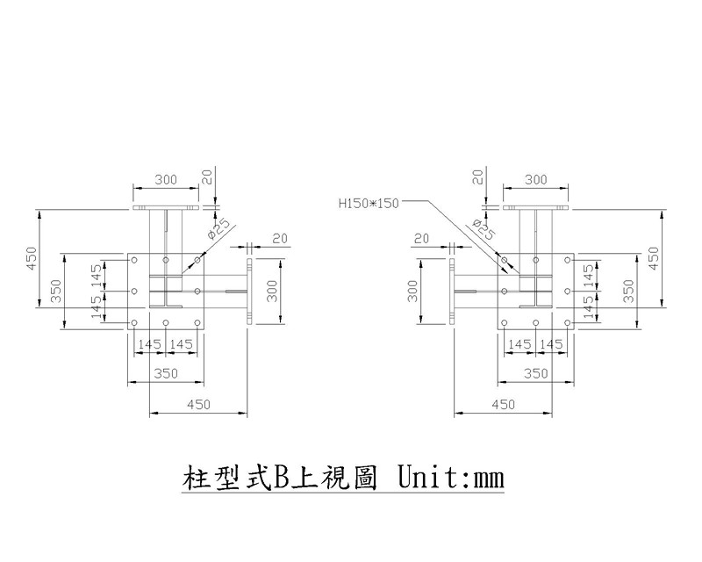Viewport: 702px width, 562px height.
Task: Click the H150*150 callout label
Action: point(368,204)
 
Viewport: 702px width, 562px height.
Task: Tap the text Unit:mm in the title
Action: point(451,478)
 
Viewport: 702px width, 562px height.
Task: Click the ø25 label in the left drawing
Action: point(218,228)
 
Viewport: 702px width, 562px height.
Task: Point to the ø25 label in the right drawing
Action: point(484,228)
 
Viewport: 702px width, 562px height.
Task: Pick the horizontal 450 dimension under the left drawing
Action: point(198,405)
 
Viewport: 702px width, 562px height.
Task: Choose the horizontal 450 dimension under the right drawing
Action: point(503,405)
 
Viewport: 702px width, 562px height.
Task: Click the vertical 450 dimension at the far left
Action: point(32,258)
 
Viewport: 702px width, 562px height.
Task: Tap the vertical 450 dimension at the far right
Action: point(654,258)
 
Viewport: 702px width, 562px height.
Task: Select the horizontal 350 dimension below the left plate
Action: point(166,373)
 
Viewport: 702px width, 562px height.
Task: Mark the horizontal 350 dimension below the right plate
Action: point(536,373)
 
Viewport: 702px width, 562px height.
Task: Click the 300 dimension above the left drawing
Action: point(166,180)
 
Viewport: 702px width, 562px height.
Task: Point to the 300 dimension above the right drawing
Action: point(536,180)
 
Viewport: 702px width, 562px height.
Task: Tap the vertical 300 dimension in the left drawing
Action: point(272,291)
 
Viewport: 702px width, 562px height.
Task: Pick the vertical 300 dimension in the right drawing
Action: point(412,291)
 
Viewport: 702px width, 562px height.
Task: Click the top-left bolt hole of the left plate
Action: point(134,260)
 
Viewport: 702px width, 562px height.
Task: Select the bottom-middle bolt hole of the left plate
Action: point(166,322)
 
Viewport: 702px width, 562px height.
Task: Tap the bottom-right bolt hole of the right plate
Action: point(567,322)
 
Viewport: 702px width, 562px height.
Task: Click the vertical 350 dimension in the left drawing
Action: point(56,291)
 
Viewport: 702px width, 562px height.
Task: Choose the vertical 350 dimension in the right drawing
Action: point(628,291)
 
